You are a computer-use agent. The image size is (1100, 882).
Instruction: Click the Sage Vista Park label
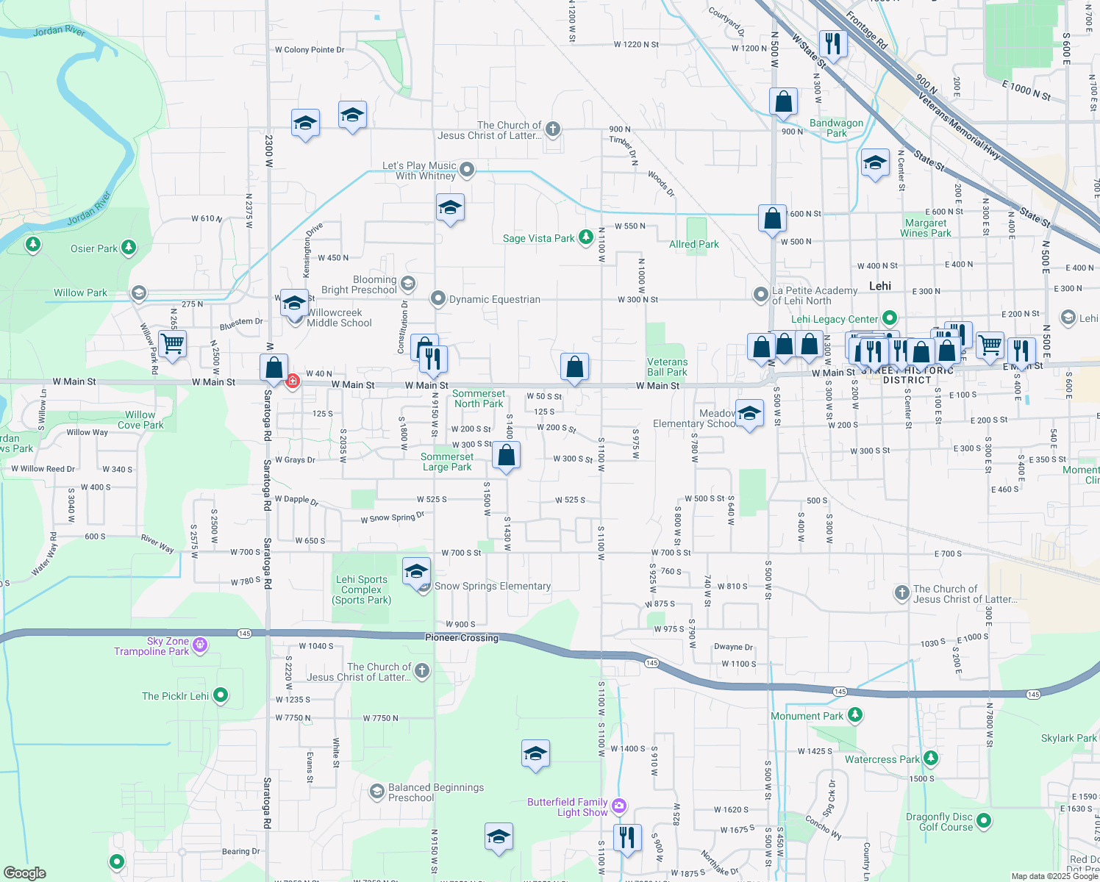point(538,238)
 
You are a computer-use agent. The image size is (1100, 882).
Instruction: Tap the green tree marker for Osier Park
point(129,248)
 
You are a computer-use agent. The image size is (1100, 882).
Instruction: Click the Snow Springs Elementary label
point(492,586)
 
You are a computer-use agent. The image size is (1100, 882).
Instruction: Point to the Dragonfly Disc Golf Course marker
point(984,820)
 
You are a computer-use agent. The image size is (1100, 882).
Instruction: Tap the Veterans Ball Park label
point(667,367)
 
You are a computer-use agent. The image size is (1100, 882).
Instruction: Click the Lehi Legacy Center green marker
point(890,318)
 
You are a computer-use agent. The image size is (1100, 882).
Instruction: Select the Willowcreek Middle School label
point(339,318)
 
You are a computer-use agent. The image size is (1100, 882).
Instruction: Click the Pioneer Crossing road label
point(462,637)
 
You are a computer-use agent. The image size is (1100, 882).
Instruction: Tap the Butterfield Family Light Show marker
point(619,806)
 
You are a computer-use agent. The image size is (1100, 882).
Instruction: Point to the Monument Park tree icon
point(854,714)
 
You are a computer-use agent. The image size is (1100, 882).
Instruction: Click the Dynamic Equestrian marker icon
point(438,298)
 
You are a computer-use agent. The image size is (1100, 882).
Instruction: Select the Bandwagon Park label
point(836,128)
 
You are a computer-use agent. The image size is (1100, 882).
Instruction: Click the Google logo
point(25,872)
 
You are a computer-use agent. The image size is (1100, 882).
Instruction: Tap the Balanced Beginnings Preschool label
point(435,792)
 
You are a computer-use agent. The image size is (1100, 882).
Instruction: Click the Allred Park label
point(693,244)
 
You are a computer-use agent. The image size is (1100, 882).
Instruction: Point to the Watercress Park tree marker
point(931,758)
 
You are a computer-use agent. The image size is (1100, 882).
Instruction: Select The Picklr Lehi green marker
point(220,695)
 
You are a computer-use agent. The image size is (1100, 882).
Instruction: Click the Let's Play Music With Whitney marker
point(466,170)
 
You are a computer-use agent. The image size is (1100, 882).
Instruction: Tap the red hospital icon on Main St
point(293,380)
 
